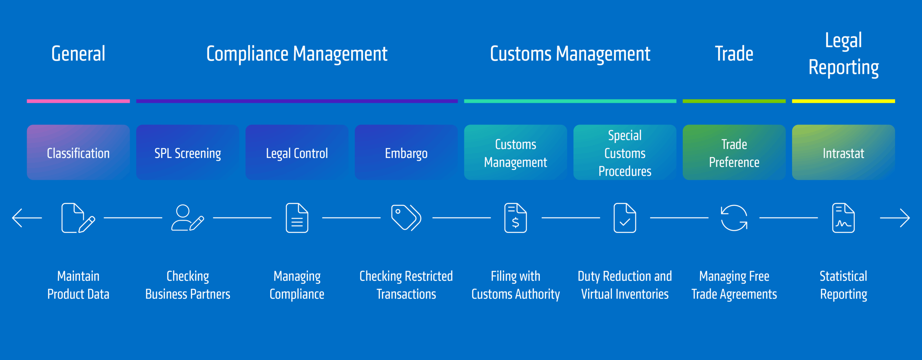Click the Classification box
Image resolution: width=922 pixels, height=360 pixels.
(78, 152)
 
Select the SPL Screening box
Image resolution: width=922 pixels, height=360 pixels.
(188, 152)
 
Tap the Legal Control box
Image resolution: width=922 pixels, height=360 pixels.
(297, 152)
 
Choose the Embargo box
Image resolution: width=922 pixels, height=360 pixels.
(406, 152)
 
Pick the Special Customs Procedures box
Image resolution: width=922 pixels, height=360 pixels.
(625, 152)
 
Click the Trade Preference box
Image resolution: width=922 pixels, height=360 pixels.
(734, 152)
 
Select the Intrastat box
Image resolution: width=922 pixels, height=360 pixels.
(843, 152)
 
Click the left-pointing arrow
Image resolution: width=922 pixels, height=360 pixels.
(27, 218)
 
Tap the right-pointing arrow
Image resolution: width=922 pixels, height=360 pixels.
(895, 218)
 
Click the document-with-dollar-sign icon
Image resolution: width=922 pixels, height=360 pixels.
(515, 218)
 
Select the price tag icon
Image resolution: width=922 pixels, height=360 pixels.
(406, 218)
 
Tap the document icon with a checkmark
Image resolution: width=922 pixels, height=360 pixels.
(625, 218)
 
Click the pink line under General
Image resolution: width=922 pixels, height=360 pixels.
(78, 101)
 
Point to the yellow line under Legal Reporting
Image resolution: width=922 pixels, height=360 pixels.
(843, 101)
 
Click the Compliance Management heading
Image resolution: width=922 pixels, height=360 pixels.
(297, 54)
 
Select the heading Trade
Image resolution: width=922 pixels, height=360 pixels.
(734, 54)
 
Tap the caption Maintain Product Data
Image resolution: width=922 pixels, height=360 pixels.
(78, 285)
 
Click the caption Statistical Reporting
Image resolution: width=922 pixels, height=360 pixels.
(843, 285)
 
